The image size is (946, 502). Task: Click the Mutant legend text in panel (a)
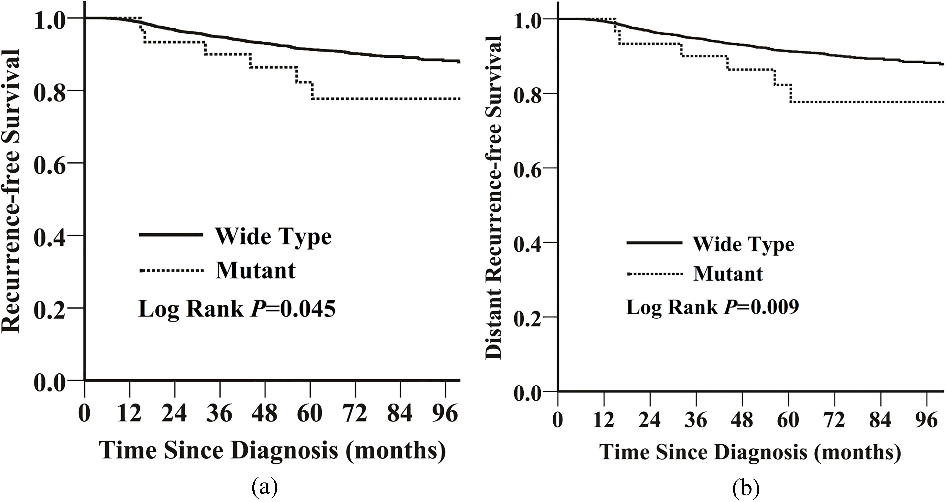[256, 271]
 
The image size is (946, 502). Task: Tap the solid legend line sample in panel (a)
[171, 235]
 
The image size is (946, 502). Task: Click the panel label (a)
[265, 488]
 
